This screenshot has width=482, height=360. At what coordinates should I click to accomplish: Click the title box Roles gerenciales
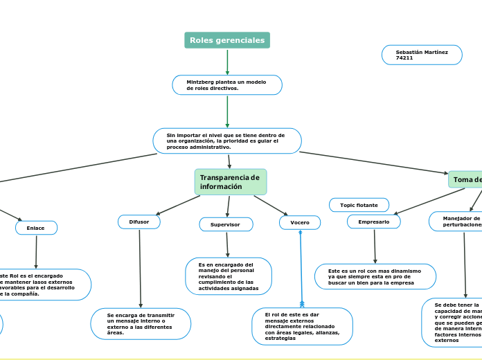pyautogui.click(x=227, y=41)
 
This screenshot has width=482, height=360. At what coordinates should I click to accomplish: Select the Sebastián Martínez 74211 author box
pyautogui.click(x=422, y=55)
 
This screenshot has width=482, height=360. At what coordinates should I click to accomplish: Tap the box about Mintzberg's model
pyautogui.click(x=227, y=85)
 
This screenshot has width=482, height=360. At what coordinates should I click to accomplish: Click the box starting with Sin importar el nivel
pyautogui.click(x=227, y=141)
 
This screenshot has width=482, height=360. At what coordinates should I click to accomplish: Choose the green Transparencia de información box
pyautogui.click(x=231, y=182)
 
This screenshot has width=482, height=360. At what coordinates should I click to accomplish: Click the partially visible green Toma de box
pyautogui.click(x=465, y=180)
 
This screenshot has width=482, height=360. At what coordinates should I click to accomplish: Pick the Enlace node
pyautogui.click(x=36, y=228)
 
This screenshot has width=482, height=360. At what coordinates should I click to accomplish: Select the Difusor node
pyautogui.click(x=139, y=222)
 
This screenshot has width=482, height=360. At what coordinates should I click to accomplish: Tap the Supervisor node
pyautogui.click(x=226, y=224)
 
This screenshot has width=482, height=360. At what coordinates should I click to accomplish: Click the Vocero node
pyautogui.click(x=300, y=222)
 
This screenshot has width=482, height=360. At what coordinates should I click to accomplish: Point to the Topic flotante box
pyautogui.click(x=359, y=205)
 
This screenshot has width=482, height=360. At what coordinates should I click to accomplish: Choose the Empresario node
pyautogui.click(x=374, y=222)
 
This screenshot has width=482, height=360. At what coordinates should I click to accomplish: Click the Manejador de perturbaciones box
pyautogui.click(x=456, y=222)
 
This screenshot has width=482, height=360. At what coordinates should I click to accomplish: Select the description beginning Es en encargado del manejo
pyautogui.click(x=229, y=276)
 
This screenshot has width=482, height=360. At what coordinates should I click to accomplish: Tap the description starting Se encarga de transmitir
pyautogui.click(x=141, y=324)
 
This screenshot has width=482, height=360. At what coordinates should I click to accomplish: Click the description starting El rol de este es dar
pyautogui.click(x=302, y=326)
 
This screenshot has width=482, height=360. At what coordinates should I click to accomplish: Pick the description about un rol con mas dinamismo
pyautogui.click(x=375, y=276)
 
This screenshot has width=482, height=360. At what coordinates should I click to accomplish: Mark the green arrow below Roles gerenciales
pyautogui.click(x=227, y=62)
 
